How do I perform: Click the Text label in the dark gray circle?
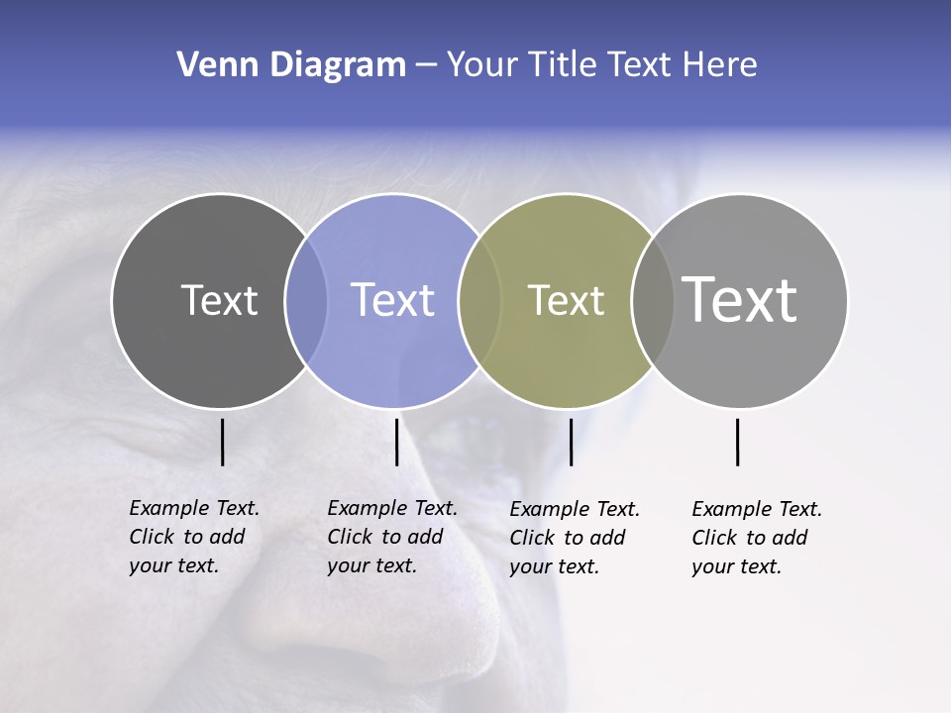[x=219, y=300]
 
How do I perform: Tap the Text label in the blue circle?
[x=393, y=300]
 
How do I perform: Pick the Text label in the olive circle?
[x=566, y=300]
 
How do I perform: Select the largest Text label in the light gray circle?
[x=739, y=300]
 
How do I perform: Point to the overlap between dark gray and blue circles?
[x=306, y=300]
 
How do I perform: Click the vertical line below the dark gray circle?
[x=222, y=442]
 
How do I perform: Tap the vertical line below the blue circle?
[x=396, y=442]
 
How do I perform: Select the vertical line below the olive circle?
[x=571, y=442]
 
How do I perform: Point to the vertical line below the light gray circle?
[x=738, y=442]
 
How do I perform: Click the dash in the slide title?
[x=426, y=65]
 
